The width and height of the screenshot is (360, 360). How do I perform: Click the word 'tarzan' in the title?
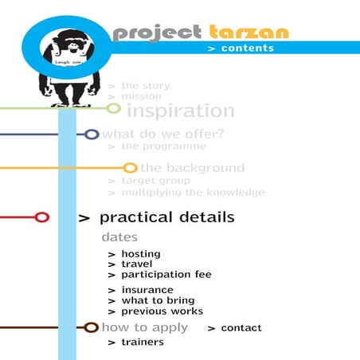(x=249, y=33)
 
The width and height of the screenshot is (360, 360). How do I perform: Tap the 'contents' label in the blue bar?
(x=247, y=48)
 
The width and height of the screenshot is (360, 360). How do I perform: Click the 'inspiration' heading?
(x=181, y=111)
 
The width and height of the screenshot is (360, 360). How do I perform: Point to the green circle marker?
(x=114, y=108)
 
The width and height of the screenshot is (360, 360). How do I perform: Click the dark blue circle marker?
(x=92, y=134)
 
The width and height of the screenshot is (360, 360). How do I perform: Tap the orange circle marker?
(x=130, y=168)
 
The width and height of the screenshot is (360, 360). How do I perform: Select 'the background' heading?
(x=192, y=168)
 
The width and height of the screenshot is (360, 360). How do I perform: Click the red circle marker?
(x=42, y=217)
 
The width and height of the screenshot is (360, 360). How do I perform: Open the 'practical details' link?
(x=166, y=217)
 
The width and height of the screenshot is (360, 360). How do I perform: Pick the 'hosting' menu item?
(x=140, y=254)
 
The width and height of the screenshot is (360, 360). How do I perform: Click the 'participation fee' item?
(x=166, y=275)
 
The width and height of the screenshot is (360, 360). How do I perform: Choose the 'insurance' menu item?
(x=147, y=290)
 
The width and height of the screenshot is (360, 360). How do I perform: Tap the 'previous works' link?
(x=162, y=311)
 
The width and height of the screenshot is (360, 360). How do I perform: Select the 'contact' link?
(x=241, y=328)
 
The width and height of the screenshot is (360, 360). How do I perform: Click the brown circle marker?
(x=91, y=327)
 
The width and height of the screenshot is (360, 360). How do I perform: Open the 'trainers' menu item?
(x=142, y=342)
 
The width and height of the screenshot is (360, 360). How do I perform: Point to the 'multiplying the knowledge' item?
(x=193, y=193)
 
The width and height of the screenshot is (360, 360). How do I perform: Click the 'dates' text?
(x=119, y=237)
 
